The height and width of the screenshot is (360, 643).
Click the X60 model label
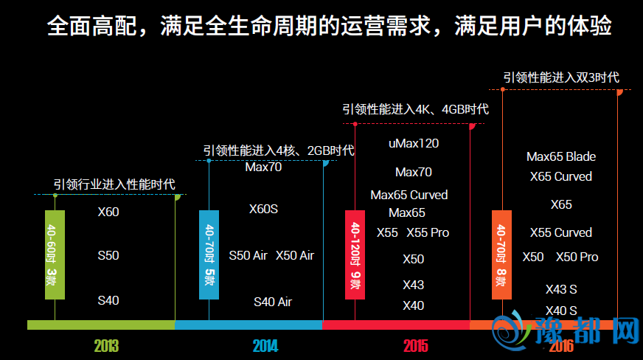click(x=108, y=212)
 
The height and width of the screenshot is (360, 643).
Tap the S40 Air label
click(x=273, y=302)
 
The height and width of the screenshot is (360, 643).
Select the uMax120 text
click(x=414, y=143)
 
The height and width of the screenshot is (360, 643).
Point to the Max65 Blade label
click(x=561, y=156)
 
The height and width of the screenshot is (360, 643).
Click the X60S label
click(x=263, y=209)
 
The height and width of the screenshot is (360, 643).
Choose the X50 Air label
click(x=295, y=255)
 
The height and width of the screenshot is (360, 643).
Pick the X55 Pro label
click(x=428, y=232)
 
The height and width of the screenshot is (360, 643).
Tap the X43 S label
click(x=561, y=289)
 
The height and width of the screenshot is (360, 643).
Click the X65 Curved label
click(x=561, y=176)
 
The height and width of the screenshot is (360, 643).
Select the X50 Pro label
click(x=577, y=257)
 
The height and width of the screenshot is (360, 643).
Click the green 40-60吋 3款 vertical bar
click(x=55, y=255)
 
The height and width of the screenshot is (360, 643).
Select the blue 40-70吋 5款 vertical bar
click(x=209, y=255)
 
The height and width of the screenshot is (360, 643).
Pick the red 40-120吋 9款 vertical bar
click(x=355, y=255)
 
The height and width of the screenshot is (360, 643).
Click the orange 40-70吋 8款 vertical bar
click(x=502, y=255)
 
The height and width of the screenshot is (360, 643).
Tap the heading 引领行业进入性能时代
click(x=114, y=184)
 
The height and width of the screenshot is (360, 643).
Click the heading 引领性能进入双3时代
click(x=560, y=77)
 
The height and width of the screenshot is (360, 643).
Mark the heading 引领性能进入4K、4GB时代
click(x=415, y=109)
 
